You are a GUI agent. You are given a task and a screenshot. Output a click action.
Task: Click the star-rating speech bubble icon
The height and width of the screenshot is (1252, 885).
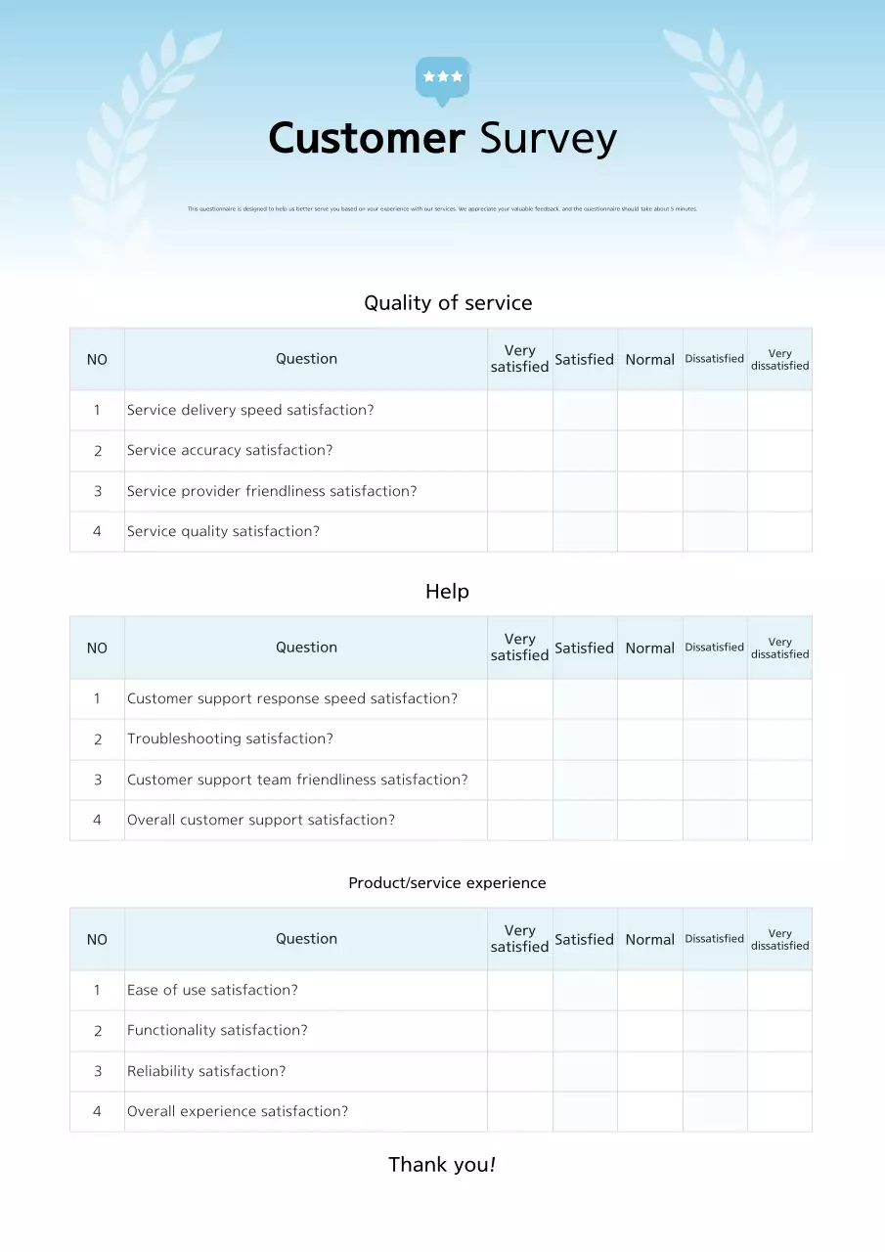point(442,78)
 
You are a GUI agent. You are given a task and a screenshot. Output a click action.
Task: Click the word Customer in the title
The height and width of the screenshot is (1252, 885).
point(367,139)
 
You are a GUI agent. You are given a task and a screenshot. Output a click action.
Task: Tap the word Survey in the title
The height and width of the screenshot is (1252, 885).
point(548,139)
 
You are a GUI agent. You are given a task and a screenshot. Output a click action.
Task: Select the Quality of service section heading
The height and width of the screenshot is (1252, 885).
point(448,303)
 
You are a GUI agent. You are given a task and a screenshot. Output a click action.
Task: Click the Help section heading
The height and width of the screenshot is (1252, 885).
point(447,592)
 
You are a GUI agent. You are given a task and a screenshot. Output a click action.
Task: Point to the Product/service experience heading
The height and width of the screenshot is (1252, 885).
point(447,883)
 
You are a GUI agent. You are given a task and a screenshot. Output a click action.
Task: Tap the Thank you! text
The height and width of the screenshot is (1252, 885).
point(442,1165)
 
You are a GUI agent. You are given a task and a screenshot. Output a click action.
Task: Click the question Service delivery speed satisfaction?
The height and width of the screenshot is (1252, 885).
point(250,410)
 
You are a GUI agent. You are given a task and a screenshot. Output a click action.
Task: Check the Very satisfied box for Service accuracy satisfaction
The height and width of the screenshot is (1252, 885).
point(519,451)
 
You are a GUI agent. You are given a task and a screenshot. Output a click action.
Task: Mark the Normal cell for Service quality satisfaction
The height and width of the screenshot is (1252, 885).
point(649,532)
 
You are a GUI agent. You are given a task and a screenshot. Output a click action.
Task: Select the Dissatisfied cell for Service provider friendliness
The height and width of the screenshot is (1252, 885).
point(715,491)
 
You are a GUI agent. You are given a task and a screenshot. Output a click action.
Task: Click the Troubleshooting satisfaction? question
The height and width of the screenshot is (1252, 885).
point(230,739)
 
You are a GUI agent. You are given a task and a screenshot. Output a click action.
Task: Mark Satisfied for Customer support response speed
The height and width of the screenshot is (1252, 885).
point(585,698)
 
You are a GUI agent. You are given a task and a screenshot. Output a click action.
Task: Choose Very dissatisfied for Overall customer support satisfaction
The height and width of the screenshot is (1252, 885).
point(779,821)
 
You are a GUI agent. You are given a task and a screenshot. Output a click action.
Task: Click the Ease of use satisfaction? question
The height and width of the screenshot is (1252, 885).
point(212,990)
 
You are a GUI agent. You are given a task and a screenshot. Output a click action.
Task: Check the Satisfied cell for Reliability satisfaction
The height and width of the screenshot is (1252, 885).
point(585,1071)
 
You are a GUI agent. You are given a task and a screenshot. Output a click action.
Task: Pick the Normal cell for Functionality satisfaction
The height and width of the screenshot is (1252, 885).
point(649,1031)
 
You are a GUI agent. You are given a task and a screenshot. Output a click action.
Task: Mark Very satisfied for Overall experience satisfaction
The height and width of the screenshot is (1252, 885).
point(519,1112)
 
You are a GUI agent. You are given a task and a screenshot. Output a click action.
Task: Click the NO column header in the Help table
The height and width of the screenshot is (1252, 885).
point(97,648)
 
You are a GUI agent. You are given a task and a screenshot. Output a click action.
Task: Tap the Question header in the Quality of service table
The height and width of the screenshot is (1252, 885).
point(306,359)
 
